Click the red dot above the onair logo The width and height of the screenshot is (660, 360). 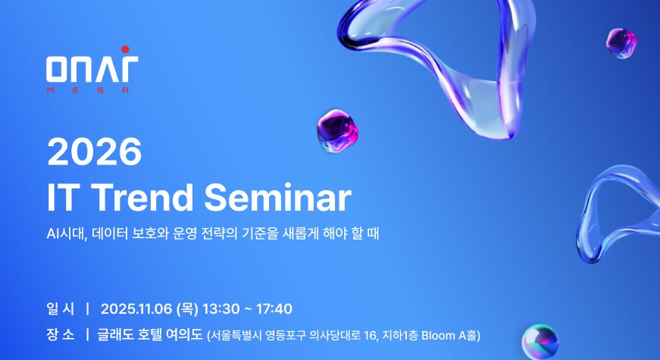(125, 49)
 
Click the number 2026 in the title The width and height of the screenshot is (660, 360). (94, 152)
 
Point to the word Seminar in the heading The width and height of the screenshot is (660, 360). (278, 197)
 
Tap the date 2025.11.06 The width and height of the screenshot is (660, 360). (136, 309)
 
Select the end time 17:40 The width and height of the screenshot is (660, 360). (274, 309)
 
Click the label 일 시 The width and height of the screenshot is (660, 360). (61, 309)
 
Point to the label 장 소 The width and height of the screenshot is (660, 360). (61, 335)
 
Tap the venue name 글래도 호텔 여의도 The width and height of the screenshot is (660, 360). (150, 335)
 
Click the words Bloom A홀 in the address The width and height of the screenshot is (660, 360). (449, 336)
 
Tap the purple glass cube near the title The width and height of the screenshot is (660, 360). (337, 130)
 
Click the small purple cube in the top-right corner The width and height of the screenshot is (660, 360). (621, 43)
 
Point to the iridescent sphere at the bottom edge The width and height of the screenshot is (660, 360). (540, 342)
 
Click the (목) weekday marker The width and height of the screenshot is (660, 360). (187, 309)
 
